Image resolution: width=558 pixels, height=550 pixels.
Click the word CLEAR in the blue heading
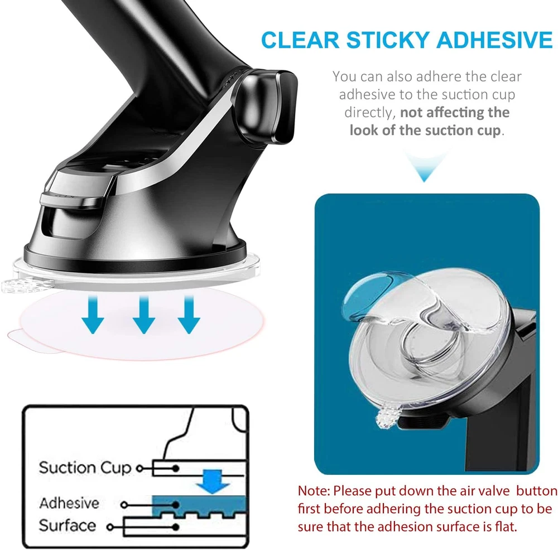pos(300,40)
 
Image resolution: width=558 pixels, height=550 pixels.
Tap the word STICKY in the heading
pos(388,40)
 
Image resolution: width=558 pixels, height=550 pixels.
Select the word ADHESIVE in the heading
pos(495,40)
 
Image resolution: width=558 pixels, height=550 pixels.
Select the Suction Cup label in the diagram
pos(85,468)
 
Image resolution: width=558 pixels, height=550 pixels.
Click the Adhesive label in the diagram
pos(69,503)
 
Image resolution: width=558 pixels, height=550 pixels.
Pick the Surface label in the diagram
pos(68,525)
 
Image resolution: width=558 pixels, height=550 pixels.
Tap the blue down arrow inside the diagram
pos(213,481)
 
